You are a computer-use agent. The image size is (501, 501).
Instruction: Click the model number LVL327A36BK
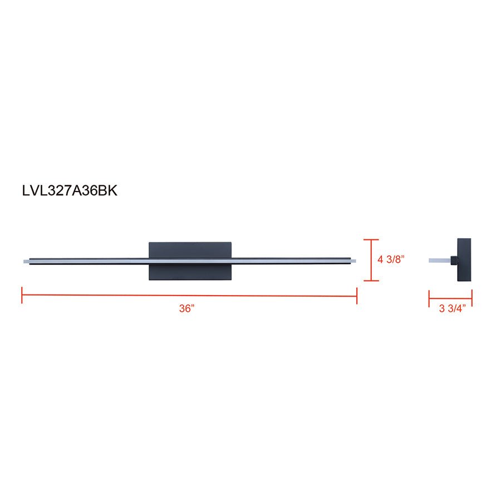[x=70, y=191]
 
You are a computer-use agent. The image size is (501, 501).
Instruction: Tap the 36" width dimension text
[x=186, y=308]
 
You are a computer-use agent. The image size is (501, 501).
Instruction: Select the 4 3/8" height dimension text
[x=391, y=259]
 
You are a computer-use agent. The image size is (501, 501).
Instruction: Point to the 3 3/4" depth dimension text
[x=451, y=309]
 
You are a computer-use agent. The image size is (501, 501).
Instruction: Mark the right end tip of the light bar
[x=353, y=260]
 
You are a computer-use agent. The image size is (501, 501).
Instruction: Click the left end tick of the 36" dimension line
[x=22, y=296]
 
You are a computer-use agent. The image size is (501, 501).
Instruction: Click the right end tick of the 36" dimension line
[x=356, y=296]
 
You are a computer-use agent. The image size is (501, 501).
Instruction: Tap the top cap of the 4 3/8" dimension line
[x=371, y=240]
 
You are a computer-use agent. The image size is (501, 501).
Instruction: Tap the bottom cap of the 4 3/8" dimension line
[x=371, y=281]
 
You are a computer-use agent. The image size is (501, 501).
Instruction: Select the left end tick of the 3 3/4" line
[x=429, y=298]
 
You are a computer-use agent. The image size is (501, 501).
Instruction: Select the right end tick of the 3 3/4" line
[x=472, y=298]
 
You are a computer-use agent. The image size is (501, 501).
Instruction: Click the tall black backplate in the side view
[x=464, y=260]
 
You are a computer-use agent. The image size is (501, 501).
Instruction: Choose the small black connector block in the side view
[x=454, y=260]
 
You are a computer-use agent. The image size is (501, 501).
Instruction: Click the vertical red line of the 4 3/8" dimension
[x=371, y=260]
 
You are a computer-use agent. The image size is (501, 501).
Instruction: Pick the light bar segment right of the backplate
[x=289, y=260]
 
